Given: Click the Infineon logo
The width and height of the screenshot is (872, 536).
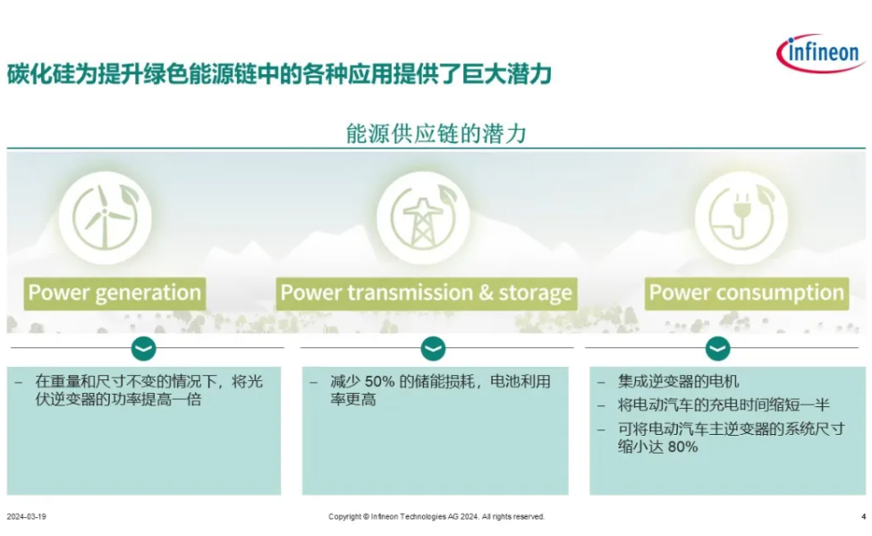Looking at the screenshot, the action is pos(821,53).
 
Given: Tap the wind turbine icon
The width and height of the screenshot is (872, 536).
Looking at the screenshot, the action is pos(106,217).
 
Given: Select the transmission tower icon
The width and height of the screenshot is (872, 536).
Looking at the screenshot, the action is pos(423,217).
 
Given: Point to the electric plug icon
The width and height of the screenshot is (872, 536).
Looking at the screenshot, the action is pos(741,217).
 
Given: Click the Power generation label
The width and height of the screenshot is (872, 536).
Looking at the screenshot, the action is pos(114,294).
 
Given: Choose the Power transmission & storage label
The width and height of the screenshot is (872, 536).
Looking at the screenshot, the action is pos(427,294).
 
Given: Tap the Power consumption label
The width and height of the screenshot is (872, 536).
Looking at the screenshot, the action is pos(747,294).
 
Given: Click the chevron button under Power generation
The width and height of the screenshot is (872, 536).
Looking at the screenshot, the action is pos(143,349).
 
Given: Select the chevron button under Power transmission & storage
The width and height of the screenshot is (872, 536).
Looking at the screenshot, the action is pos(433,349).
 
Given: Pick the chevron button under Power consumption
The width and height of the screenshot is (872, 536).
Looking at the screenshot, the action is pos(718,349).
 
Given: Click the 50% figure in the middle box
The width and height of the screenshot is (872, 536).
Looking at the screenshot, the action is pos(379,382).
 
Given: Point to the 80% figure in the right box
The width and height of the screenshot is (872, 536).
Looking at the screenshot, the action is pos(682,447).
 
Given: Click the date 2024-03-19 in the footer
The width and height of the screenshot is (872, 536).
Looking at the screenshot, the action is pos(26,516).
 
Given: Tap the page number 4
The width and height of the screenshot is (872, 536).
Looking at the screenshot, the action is pos(864,516).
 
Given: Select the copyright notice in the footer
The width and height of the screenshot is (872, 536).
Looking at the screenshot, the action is pos(436,516).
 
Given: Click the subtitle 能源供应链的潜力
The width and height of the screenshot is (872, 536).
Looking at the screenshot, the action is pos(436,133).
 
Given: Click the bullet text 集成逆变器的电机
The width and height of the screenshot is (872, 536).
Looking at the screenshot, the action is pos(679,381).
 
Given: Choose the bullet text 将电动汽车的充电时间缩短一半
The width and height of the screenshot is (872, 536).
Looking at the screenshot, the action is pos(724,404).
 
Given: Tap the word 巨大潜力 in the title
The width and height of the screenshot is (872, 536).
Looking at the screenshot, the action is pos(506,74).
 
